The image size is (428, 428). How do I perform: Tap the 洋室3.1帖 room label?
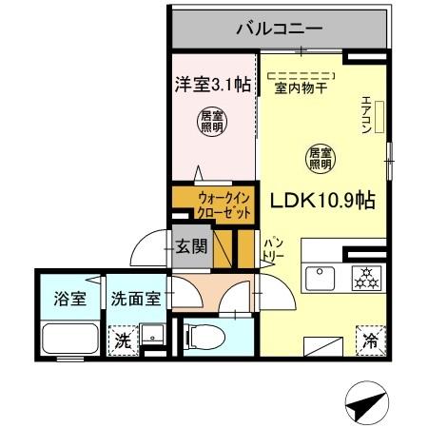click(x=212, y=85)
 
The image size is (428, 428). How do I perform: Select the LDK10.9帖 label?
click(x=324, y=201)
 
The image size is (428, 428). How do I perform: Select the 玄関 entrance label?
click(x=191, y=247)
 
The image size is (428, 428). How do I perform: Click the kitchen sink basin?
click(x=317, y=280)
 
